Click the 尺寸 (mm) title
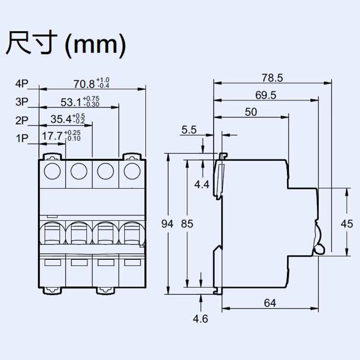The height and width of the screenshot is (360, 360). pos(66,44)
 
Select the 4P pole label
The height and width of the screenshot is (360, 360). pos(22,84)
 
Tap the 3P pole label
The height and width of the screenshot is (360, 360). pos(22,102)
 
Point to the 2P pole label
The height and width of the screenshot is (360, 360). pos(22,120)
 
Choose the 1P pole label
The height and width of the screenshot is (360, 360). pos(22,139)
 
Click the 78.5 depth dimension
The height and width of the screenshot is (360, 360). pos(273,78)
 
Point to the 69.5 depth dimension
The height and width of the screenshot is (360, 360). pos(266,95)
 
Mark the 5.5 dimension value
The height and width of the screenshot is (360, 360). pos(189,130)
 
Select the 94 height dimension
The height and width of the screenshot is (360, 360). pos(167,224)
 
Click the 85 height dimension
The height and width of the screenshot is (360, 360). pos(187,224)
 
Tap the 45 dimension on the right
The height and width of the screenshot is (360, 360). pos(346,224)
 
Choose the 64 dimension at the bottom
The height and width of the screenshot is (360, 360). pos(270,303)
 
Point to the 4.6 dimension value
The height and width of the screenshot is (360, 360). pos(200,319)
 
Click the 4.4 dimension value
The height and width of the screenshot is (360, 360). pos(202,184)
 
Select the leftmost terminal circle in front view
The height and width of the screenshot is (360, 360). pos(52,171)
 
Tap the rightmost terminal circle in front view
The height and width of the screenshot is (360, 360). pos(132,171)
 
